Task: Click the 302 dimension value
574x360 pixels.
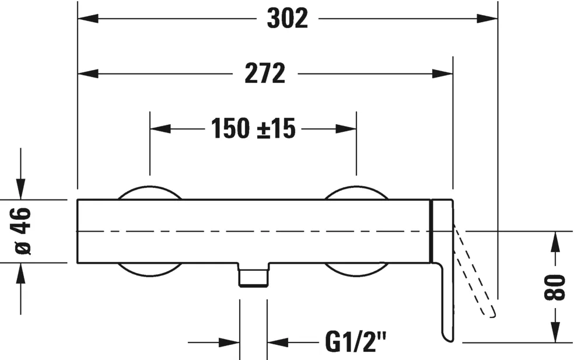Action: [x=287, y=19]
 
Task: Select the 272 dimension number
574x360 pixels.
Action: [x=265, y=74]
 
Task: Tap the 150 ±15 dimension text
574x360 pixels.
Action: [x=253, y=128]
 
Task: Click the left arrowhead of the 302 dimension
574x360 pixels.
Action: [x=87, y=19]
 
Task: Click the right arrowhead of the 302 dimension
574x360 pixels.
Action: [x=488, y=19]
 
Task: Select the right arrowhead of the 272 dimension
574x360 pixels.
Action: [x=443, y=74]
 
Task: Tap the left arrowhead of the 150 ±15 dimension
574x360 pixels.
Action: [x=160, y=128]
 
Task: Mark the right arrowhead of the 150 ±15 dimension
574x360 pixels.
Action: [x=346, y=128]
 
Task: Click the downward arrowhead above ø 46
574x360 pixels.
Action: [x=22, y=190]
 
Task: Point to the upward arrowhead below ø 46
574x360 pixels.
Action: [x=22, y=272]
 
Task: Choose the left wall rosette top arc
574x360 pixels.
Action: [x=149, y=191]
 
